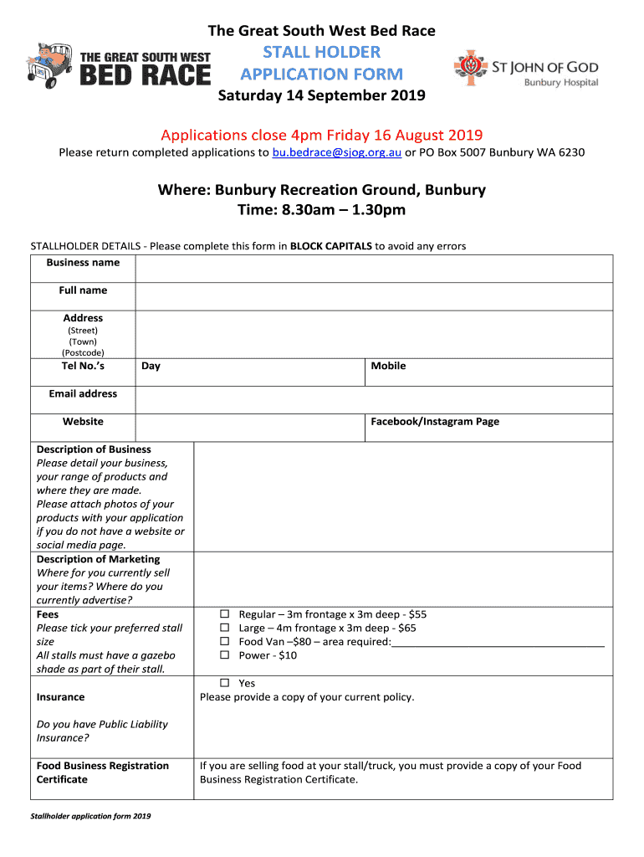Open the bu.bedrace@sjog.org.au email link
(x=337, y=152)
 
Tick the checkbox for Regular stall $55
(x=225, y=614)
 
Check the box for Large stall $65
(x=225, y=628)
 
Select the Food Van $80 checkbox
(x=225, y=642)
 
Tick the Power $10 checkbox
(x=225, y=655)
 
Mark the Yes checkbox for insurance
(x=225, y=684)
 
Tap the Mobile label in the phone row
(x=388, y=366)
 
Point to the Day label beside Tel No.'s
(x=151, y=366)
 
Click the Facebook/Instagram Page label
(x=435, y=422)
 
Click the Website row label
(x=83, y=422)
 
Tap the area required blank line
(x=498, y=643)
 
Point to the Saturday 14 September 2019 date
(x=322, y=95)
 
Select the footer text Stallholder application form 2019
(x=90, y=816)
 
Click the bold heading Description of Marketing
(x=98, y=559)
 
